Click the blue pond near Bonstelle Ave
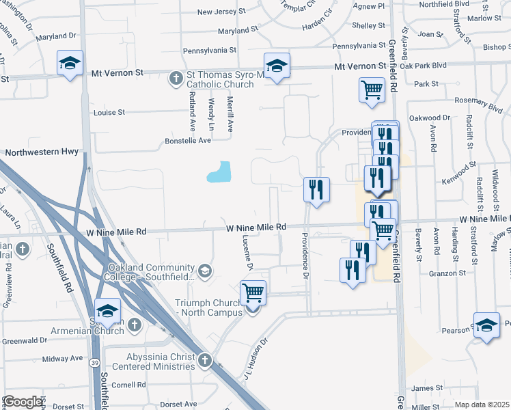(219, 172)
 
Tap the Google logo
(23, 402)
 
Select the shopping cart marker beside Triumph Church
(253, 292)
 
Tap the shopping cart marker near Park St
(371, 89)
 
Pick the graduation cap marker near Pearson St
(486, 325)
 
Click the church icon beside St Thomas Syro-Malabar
(176, 78)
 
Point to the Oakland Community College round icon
(204, 272)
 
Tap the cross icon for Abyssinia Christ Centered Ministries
(205, 358)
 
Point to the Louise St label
(110, 112)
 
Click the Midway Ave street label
(62, 358)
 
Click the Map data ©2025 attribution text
(482, 405)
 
